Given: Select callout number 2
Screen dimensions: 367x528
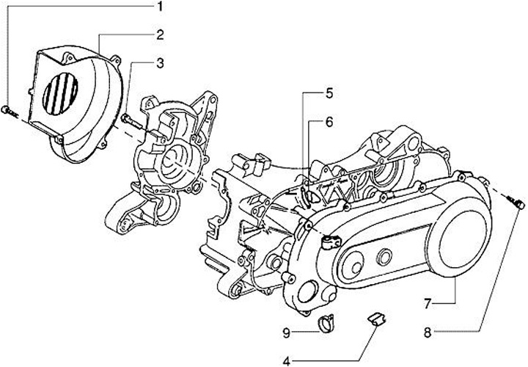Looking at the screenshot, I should click(x=159, y=34).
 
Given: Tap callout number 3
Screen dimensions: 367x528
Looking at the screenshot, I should click(x=159, y=63).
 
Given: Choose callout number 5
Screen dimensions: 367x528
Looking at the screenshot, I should click(x=329, y=93).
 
